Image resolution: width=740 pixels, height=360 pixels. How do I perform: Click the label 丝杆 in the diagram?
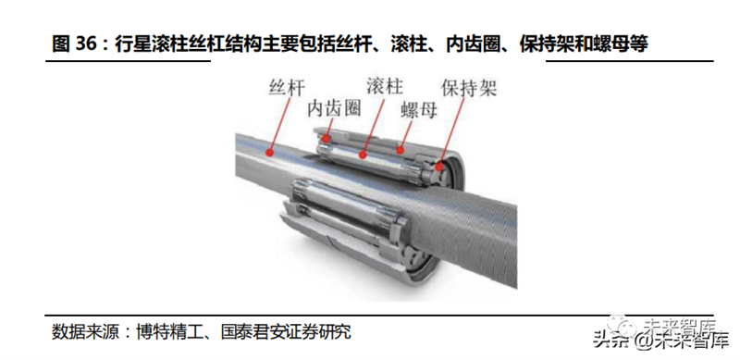pyautogui.click(x=288, y=88)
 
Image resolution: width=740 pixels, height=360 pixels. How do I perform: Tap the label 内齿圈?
pyautogui.click(x=334, y=108)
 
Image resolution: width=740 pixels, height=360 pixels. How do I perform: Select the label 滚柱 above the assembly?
pyautogui.click(x=385, y=86)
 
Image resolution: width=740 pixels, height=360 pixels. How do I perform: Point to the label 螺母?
pyautogui.click(x=419, y=110)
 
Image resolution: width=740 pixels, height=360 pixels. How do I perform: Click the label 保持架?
pyautogui.click(x=469, y=88)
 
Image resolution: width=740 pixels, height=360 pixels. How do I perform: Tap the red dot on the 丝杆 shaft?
pyautogui.click(x=270, y=152)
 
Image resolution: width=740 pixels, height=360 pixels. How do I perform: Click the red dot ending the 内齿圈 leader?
pyautogui.click(x=326, y=138)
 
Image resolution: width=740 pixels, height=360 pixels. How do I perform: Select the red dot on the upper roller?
pyautogui.click(x=363, y=154)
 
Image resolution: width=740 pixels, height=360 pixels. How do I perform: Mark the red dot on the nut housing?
pyautogui.click(x=401, y=150)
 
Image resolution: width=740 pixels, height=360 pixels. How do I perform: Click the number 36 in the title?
pyautogui.click(x=85, y=44)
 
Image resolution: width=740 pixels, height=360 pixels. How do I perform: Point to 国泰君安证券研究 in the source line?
pyautogui.click(x=287, y=331)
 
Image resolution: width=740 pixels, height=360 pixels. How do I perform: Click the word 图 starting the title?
pyautogui.click(x=61, y=44)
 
